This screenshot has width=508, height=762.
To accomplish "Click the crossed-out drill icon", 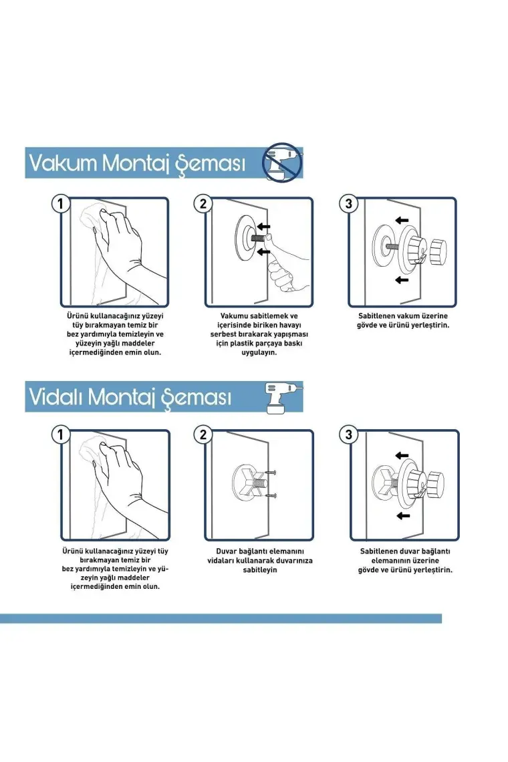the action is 282,162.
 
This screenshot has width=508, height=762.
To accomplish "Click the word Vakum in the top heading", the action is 63,162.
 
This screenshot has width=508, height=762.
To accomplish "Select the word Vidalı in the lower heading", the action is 55,396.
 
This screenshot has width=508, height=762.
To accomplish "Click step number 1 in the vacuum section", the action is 60,203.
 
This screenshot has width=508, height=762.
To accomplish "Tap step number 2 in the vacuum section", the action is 203,203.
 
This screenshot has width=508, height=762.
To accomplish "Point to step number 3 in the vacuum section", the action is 348,203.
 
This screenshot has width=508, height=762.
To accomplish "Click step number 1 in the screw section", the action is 60,434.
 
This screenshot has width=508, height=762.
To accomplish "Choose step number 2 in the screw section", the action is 203,434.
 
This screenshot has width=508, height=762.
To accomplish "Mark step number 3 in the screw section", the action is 348,434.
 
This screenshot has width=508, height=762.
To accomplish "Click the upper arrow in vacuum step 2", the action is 263,227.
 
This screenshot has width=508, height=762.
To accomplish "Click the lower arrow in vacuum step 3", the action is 402,280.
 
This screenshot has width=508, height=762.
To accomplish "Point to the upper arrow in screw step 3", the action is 402,455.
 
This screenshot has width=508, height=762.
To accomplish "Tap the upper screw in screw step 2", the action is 271,472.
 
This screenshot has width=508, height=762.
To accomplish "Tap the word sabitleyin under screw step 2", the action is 260,569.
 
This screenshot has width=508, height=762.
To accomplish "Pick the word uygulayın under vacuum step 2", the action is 259,352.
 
